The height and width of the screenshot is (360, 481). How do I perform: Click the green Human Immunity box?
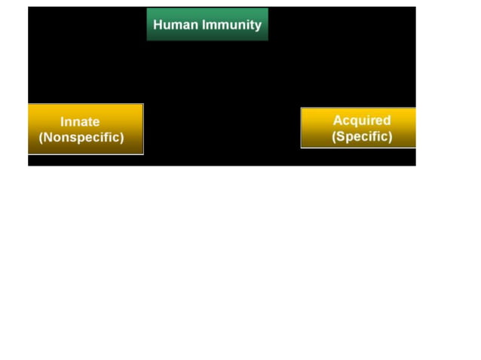(x=207, y=24)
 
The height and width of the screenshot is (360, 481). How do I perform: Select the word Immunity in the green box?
(x=231, y=24)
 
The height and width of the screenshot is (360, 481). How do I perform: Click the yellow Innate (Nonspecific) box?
(x=85, y=130)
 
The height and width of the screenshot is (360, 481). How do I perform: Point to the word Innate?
(x=80, y=121)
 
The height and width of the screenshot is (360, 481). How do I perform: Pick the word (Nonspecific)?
(x=81, y=138)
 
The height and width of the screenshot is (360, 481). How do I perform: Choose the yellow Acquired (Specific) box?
(x=358, y=128)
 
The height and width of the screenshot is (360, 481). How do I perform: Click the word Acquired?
(x=362, y=121)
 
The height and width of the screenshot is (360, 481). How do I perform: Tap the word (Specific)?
(x=362, y=137)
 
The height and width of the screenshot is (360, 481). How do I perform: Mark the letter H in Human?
(x=158, y=24)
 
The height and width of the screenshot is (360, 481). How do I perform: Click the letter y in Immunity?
(x=257, y=26)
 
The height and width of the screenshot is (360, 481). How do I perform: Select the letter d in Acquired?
(x=387, y=121)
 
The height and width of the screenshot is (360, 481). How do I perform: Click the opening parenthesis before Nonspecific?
(x=41, y=139)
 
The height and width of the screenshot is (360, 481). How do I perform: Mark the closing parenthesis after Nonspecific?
(x=121, y=139)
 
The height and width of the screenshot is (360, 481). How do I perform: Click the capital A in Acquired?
(x=338, y=121)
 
